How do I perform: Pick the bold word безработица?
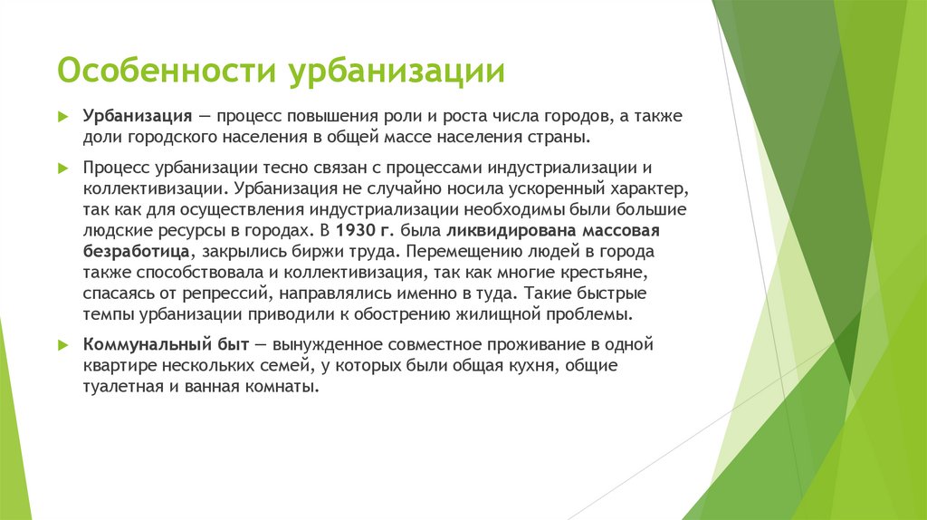(x=137, y=251)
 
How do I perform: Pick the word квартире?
(x=118, y=366)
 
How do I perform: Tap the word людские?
(x=114, y=230)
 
